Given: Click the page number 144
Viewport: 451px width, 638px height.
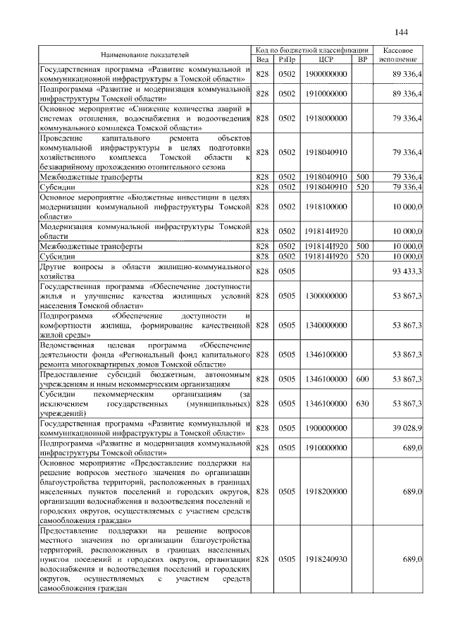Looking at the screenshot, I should (x=402, y=32).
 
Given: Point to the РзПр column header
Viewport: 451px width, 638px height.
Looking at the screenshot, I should (x=286, y=59).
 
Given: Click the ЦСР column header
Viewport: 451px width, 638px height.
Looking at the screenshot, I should (x=326, y=59).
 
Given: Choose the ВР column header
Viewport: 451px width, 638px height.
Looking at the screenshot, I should (x=362, y=59).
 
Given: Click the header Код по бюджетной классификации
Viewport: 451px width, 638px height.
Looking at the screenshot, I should (x=312, y=50).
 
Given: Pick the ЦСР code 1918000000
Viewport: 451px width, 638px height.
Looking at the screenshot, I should (x=326, y=118).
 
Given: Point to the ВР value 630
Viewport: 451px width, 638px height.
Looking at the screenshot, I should (x=362, y=403).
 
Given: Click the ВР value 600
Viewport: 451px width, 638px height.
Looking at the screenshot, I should (x=362, y=379).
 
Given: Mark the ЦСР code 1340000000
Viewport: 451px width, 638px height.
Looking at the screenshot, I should (x=326, y=325).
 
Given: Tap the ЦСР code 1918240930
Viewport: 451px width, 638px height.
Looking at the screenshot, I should (x=326, y=559).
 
